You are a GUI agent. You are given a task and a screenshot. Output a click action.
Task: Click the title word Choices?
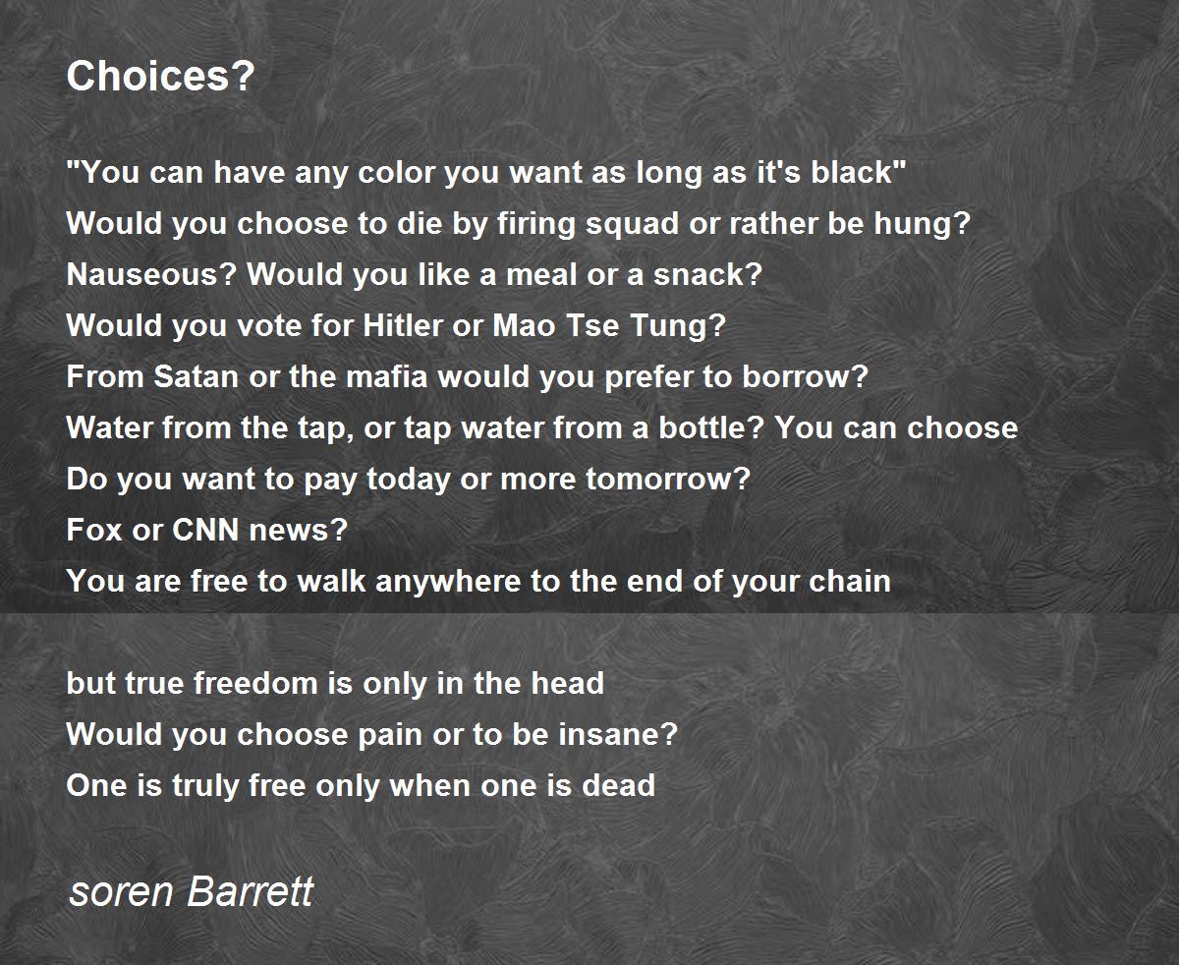coord(160,76)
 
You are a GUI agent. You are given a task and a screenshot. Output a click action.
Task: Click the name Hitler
coord(403,325)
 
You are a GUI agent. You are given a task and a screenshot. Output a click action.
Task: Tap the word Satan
coord(196,376)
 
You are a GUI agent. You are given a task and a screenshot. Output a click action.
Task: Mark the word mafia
coord(387,376)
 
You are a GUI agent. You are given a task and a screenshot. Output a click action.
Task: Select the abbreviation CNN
coord(205,530)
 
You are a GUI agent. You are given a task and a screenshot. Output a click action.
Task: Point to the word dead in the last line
coord(618,785)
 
